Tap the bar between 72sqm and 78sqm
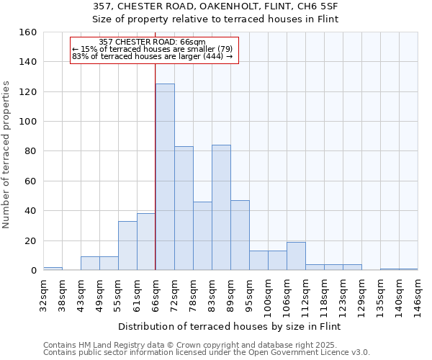pyautogui.click(x=184, y=208)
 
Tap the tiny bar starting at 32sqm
pyautogui.click(x=53, y=269)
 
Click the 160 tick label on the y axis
pyautogui.click(x=28, y=32)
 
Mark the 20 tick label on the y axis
pyautogui.click(x=31, y=240)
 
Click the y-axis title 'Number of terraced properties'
pyautogui.click(x=7, y=155)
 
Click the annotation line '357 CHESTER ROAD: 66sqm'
pyautogui.click(x=152, y=42)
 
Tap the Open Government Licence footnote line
pyautogui.click(x=207, y=352)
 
